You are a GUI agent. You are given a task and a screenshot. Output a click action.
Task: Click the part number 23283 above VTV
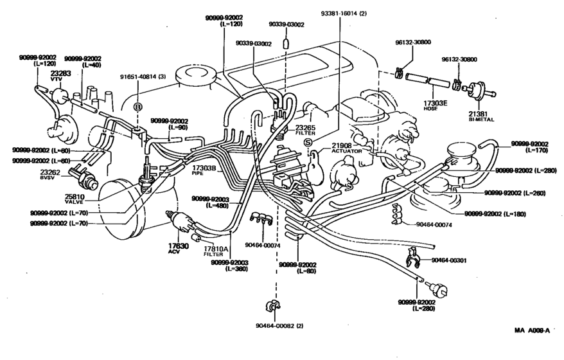click(60, 74)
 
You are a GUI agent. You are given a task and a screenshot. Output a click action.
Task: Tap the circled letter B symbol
click(137, 106)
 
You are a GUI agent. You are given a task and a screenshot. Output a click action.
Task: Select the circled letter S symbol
click(308, 142)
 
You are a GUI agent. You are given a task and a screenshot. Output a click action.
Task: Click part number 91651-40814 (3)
click(142, 76)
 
